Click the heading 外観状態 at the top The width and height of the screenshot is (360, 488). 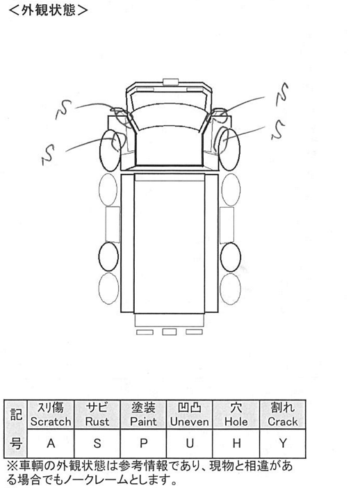(48, 10)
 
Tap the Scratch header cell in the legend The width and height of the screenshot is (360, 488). (51, 414)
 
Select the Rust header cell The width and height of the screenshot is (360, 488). (97, 414)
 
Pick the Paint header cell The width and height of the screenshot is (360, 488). (143, 414)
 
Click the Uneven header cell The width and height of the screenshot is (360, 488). (190, 414)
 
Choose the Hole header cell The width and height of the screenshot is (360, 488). (236, 414)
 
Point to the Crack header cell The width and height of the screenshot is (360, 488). (283, 414)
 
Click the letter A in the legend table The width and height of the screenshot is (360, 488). (51, 444)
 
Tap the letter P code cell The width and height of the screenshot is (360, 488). (143, 444)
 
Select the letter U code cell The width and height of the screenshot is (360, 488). (190, 444)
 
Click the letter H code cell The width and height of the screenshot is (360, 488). (236, 444)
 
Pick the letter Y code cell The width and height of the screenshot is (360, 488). (283, 444)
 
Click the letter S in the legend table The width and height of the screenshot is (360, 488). (97, 444)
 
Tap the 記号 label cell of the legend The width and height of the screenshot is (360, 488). (16, 428)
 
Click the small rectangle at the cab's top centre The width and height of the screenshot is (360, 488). (170, 82)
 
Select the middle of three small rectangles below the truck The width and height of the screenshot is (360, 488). (170, 332)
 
